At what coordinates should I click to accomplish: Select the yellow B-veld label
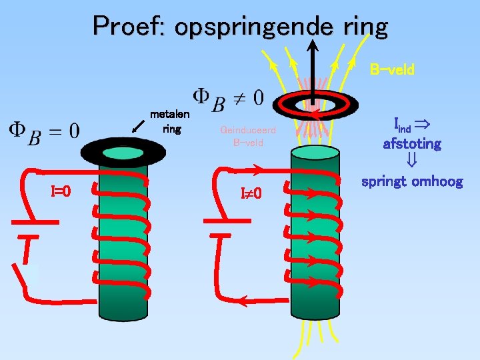pyautogui.click(x=392, y=69)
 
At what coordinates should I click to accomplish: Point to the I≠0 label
pyautogui.click(x=251, y=193)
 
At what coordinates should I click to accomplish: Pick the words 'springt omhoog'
pyautogui.click(x=411, y=181)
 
